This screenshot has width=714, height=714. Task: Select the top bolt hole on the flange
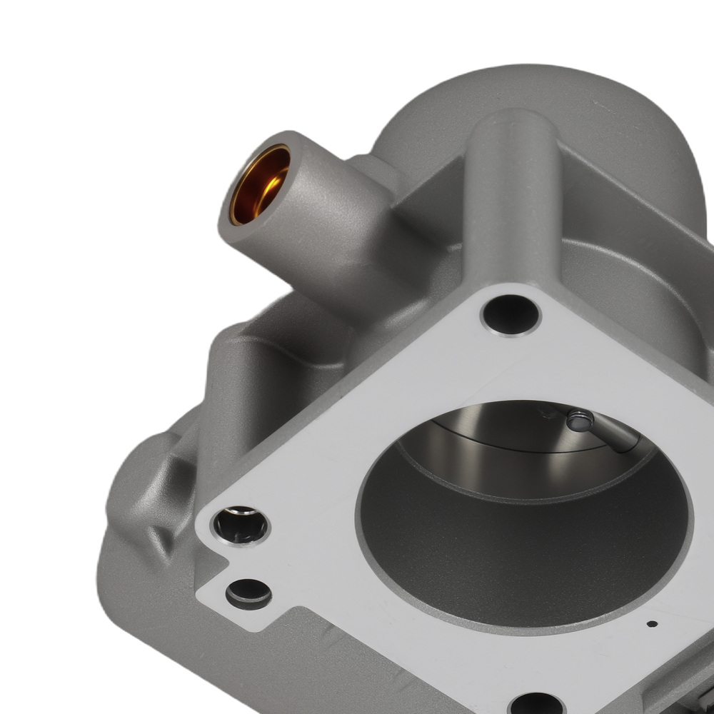click(510, 315)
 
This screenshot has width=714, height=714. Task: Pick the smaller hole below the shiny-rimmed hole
click(248, 593)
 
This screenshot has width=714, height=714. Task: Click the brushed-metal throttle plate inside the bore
click(500, 428)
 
